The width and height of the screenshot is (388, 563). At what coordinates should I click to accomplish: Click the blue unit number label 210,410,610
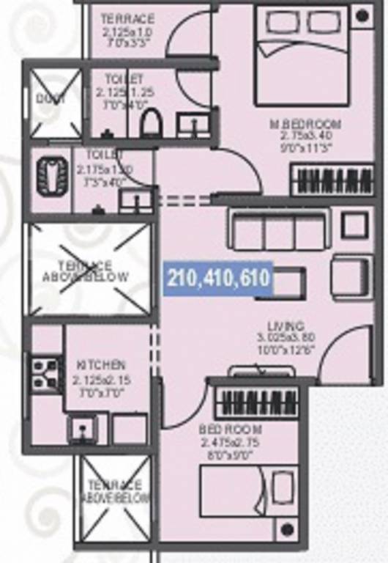click(220, 279)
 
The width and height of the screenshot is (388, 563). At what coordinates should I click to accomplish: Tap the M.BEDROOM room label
click(310, 122)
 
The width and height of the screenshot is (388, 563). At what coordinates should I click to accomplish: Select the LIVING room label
click(286, 326)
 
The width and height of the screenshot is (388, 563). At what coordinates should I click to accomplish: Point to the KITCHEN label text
click(102, 364)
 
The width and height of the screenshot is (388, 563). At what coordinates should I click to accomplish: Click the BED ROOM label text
click(231, 430)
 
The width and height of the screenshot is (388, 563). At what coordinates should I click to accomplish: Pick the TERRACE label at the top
click(127, 18)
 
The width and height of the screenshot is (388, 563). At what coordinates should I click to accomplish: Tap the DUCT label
click(51, 99)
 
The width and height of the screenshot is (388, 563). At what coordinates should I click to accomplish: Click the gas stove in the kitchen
click(45, 372)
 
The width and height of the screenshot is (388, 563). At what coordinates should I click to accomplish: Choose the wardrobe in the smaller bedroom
click(258, 402)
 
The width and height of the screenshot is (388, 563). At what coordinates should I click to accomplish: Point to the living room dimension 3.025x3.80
click(286, 338)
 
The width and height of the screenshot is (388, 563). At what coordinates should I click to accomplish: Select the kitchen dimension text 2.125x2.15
click(102, 380)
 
